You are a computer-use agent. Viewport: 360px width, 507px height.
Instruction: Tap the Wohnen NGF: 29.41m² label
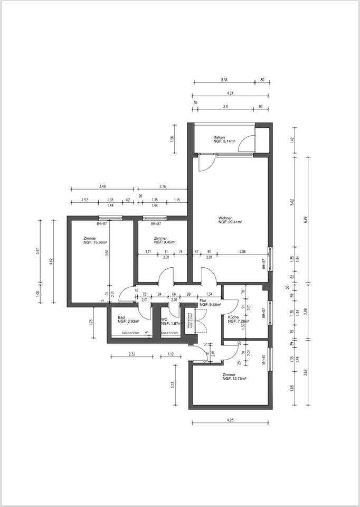(x=230, y=220)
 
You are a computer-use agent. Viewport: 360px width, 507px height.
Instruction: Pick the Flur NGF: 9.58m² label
(x=210, y=303)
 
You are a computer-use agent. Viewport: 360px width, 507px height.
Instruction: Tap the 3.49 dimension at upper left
(x=102, y=186)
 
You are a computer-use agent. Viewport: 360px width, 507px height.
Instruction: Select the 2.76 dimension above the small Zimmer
(x=163, y=186)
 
